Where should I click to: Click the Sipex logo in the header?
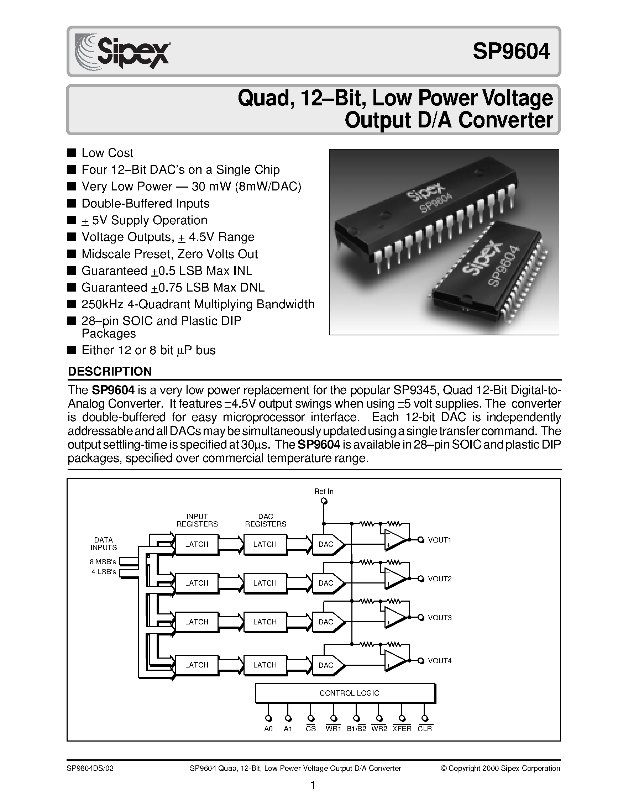tap(122, 52)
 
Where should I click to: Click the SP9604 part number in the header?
tap(511, 51)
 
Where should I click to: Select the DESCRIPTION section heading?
tap(110, 371)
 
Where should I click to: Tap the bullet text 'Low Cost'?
tap(107, 153)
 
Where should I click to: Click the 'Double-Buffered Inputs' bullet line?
tap(145, 203)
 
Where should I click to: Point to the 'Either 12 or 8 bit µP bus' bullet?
tap(148, 350)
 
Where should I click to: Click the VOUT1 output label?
tap(439, 540)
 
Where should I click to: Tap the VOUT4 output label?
tap(439, 660)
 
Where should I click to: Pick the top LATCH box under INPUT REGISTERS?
tap(197, 544)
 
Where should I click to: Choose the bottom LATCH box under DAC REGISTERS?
tap(265, 665)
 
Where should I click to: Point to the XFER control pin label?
tap(402, 729)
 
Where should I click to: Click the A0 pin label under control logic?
tap(268, 729)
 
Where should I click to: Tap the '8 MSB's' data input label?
tap(103, 561)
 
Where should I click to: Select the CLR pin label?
tap(425, 729)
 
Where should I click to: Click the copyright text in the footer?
tap(500, 768)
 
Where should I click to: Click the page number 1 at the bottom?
tap(313, 786)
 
